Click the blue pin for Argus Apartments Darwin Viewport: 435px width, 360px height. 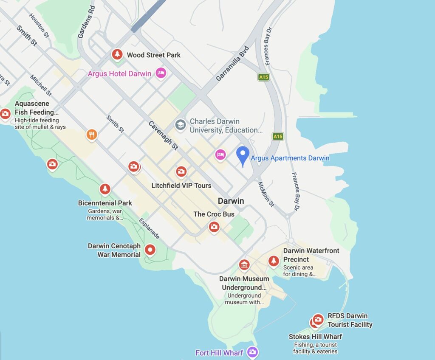pyautogui.click(x=243, y=155)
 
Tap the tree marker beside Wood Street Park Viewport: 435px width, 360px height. pyautogui.click(x=117, y=54)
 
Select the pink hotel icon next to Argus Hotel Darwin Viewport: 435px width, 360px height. pyautogui.click(x=161, y=73)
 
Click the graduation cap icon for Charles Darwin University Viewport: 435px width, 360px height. pyautogui.click(x=181, y=125)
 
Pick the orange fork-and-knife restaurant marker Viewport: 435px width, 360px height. pyautogui.click(x=92, y=135)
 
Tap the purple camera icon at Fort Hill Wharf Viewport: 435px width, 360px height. pyautogui.click(x=252, y=352)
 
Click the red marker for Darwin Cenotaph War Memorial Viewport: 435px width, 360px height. pyautogui.click(x=150, y=250)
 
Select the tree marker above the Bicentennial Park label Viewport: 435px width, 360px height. pyautogui.click(x=105, y=189)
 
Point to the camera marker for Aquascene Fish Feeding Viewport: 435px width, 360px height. pyautogui.click(x=5, y=113)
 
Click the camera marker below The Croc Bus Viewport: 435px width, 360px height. pyautogui.click(x=214, y=227)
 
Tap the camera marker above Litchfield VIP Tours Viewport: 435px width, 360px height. pyautogui.click(x=181, y=172)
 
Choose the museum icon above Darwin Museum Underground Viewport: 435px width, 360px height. pyautogui.click(x=244, y=265)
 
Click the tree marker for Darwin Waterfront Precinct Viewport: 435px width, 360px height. pyautogui.click(x=274, y=261)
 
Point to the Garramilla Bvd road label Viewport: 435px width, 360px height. pyautogui.click(x=232, y=64)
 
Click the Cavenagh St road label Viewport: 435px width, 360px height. pyautogui.click(x=163, y=135)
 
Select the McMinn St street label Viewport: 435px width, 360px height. pyautogui.click(x=266, y=194)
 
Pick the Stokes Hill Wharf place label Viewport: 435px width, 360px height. pyautogui.click(x=315, y=337)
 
